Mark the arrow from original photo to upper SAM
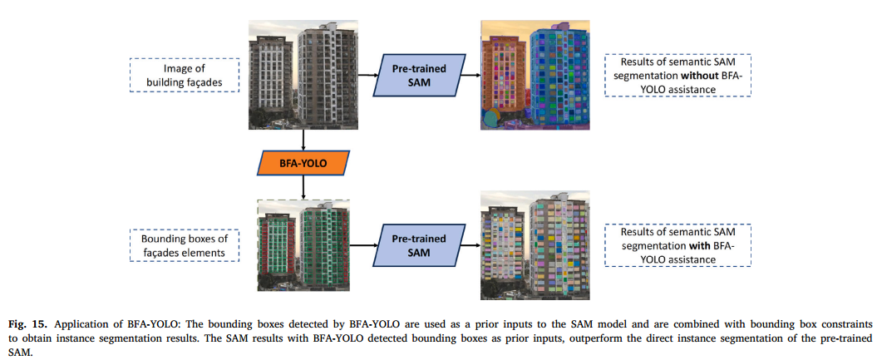(367, 75)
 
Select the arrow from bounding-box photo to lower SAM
(367, 246)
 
